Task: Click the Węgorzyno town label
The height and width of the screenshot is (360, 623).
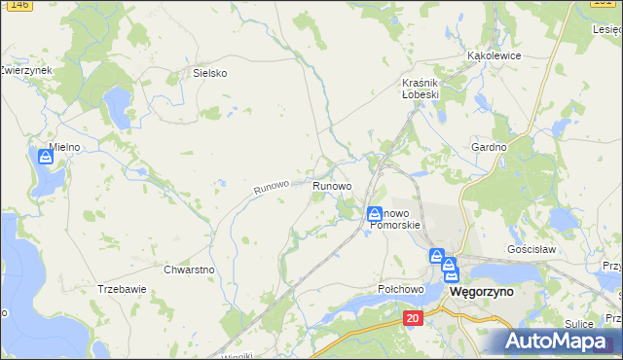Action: click(481, 291)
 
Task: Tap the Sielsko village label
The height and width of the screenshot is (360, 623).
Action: click(209, 73)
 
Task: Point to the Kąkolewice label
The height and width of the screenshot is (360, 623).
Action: click(495, 56)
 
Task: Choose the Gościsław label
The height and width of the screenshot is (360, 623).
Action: click(531, 249)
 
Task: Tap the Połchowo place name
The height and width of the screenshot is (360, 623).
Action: click(401, 290)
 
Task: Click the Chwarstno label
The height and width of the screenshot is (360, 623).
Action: click(189, 270)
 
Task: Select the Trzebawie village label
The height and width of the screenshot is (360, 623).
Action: click(122, 289)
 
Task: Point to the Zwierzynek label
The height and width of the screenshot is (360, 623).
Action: click(26, 71)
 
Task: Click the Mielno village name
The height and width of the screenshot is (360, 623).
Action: click(64, 147)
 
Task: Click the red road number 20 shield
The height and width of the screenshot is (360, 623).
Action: click(414, 318)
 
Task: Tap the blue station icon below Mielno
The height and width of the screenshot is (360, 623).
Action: click(45, 156)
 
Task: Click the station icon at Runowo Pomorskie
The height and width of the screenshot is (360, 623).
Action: click(374, 213)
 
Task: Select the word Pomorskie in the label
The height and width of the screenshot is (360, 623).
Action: click(395, 225)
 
